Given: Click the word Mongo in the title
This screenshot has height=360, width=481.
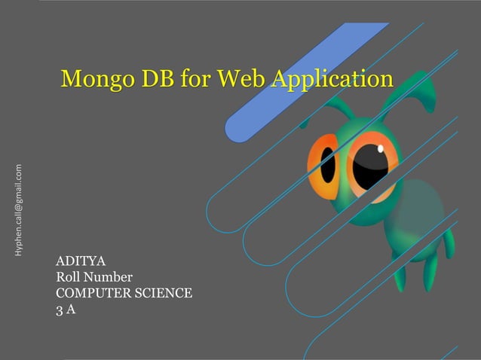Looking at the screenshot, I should [x=97, y=78].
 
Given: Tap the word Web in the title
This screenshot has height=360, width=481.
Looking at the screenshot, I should [x=231, y=78].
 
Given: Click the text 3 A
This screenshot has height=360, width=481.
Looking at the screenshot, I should [x=66, y=308].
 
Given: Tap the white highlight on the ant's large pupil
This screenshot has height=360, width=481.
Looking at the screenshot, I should [x=380, y=149].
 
